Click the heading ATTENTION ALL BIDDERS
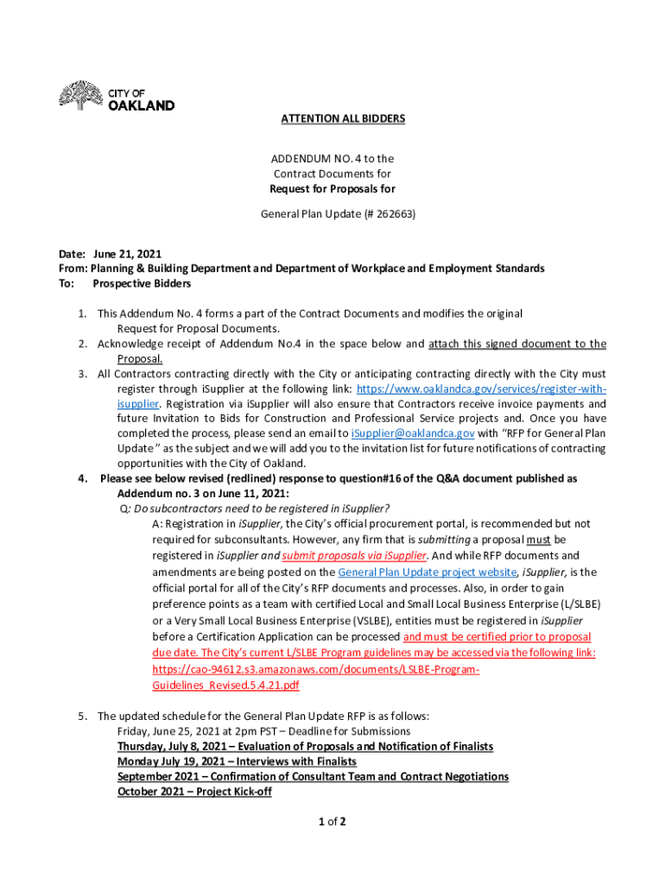tap(343, 118)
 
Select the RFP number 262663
tap(367, 213)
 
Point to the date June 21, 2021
tap(127, 254)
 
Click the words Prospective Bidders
tap(142, 283)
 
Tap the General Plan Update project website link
tap(427, 572)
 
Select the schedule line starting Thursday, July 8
tap(305, 747)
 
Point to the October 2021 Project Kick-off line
tap(194, 792)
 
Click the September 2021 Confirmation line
tap(313, 777)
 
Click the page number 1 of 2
tap(332, 821)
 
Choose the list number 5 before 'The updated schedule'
tap(82, 716)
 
